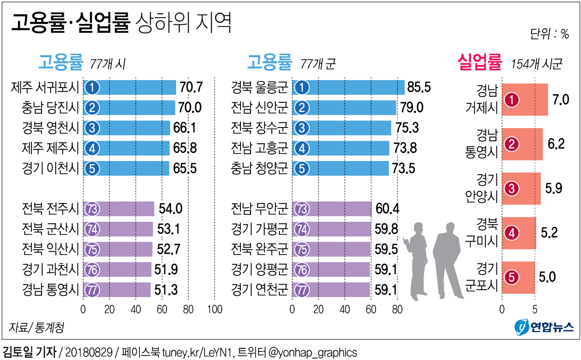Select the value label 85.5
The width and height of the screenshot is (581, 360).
point(419,88)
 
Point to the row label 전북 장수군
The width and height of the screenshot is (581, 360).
point(259,128)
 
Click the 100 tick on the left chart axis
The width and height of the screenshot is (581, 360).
point(215,309)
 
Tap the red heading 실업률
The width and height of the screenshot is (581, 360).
point(479,63)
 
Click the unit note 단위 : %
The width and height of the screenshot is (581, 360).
point(549,34)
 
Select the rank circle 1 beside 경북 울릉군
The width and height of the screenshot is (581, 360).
point(302,88)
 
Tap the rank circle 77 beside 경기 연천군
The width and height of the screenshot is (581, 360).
point(302,290)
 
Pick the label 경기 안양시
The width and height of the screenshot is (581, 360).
point(487,188)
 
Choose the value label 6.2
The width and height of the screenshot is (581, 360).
point(556,144)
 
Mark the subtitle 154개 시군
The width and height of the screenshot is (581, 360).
point(536,64)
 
